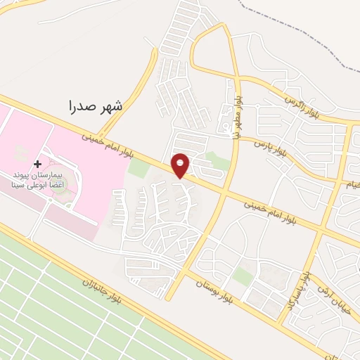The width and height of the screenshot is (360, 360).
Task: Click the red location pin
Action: (x=181, y=165)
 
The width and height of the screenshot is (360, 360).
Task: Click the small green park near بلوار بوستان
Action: (x=243, y=276)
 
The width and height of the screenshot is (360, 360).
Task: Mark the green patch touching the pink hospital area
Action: (x=139, y=169)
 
